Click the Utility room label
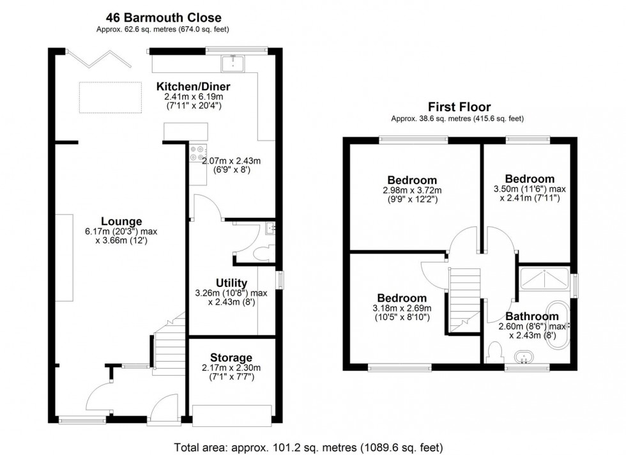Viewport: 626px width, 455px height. pos(232,283)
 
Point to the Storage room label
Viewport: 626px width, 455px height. pos(231,357)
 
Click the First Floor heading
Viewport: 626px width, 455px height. pos(459,107)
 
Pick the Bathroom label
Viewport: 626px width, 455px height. pos(532,316)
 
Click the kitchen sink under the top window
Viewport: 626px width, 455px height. pos(234,62)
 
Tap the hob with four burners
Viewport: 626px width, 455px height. pos(196,153)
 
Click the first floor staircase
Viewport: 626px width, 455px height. pos(464,297)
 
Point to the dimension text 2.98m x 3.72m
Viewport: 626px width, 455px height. pos(412,190)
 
